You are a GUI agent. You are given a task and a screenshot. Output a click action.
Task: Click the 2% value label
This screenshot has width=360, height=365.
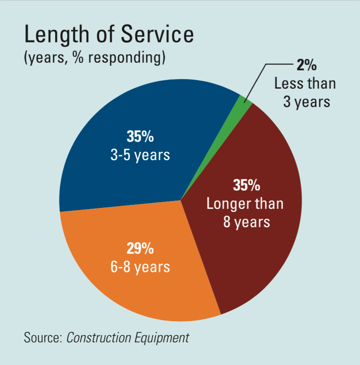coord(306,66)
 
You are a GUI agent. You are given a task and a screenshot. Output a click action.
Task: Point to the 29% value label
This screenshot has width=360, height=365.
coord(140,248)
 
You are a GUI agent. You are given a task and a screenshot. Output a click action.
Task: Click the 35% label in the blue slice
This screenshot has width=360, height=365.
coord(140,136)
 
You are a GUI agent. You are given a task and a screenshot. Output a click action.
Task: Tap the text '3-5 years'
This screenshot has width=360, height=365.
coord(140,155)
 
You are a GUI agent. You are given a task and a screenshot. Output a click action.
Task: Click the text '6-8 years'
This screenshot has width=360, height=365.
coord(140,266)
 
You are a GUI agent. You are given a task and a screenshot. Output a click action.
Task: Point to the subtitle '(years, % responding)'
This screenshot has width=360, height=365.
coord(95,57)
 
